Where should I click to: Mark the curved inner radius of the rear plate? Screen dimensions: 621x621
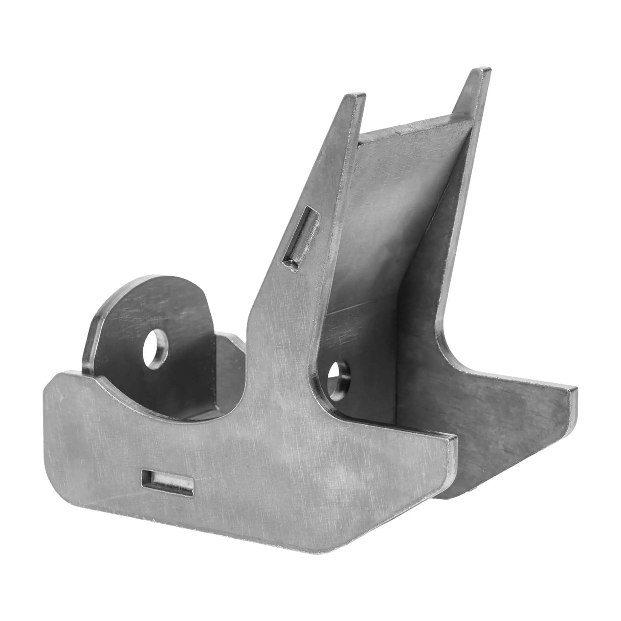[x=445, y=348]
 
